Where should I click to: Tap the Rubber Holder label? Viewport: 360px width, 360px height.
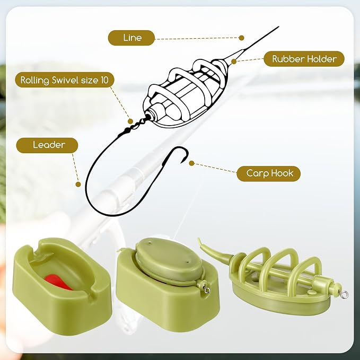pyautogui.click(x=304, y=59)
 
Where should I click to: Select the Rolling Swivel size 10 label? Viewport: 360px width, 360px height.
pyautogui.click(x=65, y=80)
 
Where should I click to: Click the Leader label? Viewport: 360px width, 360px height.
pyautogui.click(x=47, y=145)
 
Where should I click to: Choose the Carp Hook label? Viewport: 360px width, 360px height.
pyautogui.click(x=269, y=173)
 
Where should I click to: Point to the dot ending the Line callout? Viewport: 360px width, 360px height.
pyautogui.click(x=241, y=38)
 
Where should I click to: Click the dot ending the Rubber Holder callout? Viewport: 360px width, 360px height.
pyautogui.click(x=234, y=62)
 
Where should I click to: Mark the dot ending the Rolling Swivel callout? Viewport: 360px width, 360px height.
pyautogui.click(x=130, y=121)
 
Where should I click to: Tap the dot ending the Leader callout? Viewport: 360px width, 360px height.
pyautogui.click(x=78, y=184)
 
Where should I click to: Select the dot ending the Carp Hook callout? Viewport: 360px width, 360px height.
pyautogui.click(x=191, y=163)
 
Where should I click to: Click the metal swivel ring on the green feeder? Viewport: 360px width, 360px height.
pyautogui.click(x=345, y=294)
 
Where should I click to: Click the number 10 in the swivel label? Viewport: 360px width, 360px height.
pyautogui.click(x=104, y=80)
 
